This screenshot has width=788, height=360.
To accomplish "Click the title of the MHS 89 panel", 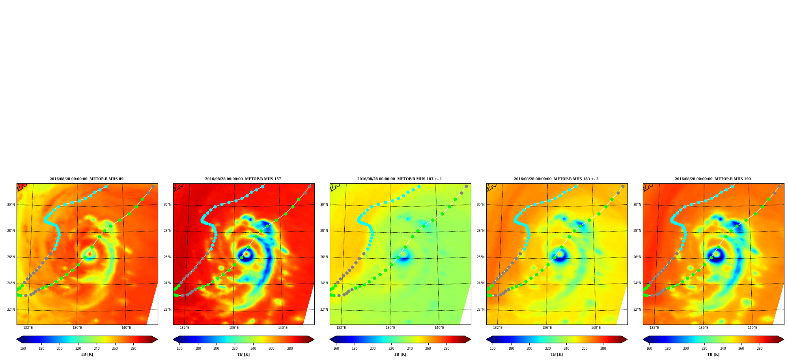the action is pos(86,179).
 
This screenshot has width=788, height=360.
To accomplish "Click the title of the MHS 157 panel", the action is pos(243,179).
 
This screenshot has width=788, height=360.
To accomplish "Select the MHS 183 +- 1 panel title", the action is pos(400,179).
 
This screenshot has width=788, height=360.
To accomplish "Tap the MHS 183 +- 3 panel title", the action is pos(556,179).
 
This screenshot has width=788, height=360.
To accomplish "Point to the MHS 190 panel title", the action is pos(713,179).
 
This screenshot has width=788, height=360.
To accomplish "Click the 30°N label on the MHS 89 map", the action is pos(11,205).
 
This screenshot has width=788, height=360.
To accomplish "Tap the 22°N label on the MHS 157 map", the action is pos(167,310).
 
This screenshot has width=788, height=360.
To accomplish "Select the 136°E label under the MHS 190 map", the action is pos(703,328).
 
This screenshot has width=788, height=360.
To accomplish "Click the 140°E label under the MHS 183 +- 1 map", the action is pos(439,328).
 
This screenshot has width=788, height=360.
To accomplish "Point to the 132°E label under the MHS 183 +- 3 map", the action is pos(498,328).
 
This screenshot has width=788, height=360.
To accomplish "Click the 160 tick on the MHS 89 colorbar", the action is pos(23,349).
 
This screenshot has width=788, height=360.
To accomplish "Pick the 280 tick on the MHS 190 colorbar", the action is pos(760,349).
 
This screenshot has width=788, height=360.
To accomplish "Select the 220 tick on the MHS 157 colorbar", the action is pos(235,349).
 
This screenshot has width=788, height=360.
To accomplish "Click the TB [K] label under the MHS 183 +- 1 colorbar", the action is pos(400,354).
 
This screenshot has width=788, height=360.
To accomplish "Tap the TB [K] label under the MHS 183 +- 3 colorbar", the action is pos(556,354).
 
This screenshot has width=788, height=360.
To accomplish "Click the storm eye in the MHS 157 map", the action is pos(246,254).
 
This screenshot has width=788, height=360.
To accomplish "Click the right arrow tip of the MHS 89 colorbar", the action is pos(157,339).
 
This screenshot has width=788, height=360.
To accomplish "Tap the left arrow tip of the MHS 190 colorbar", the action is pos(643,339).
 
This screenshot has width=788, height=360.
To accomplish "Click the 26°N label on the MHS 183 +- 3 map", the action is pos(480,257).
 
